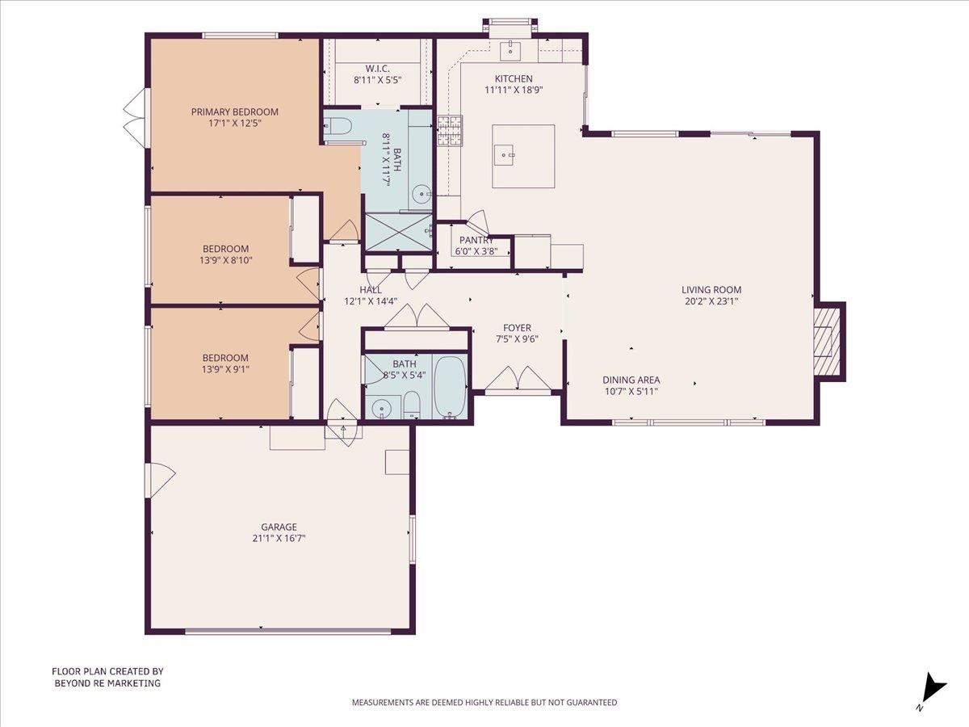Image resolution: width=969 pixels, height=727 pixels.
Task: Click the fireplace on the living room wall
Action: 828,340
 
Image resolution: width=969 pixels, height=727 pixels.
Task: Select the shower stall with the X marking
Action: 398,232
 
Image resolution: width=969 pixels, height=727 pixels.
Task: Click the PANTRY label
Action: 476,240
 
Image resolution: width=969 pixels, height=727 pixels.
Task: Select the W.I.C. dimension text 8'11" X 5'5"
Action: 377,80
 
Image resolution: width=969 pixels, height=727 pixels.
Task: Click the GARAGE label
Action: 279,527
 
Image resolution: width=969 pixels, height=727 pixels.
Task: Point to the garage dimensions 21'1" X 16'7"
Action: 279,538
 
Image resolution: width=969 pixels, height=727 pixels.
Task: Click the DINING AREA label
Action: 631,380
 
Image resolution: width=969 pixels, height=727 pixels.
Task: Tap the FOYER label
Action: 517,328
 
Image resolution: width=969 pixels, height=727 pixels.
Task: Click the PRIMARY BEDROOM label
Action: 234,111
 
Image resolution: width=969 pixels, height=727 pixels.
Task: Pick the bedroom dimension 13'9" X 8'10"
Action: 225,260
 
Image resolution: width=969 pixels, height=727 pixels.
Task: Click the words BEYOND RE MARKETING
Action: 107,683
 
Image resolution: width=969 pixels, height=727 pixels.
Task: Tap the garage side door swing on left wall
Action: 160,481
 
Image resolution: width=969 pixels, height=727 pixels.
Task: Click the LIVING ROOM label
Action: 711,290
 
